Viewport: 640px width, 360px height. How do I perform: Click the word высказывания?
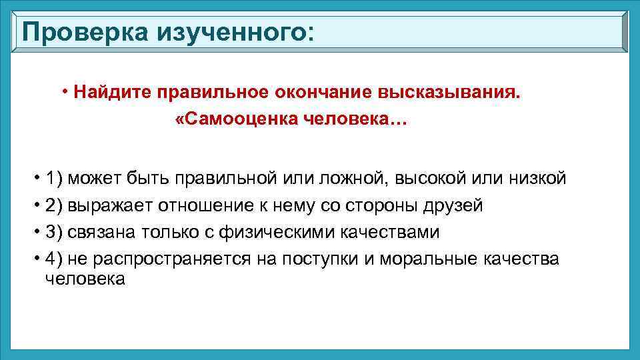pos(443,91)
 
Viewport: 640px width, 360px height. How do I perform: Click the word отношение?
pos(201,205)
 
